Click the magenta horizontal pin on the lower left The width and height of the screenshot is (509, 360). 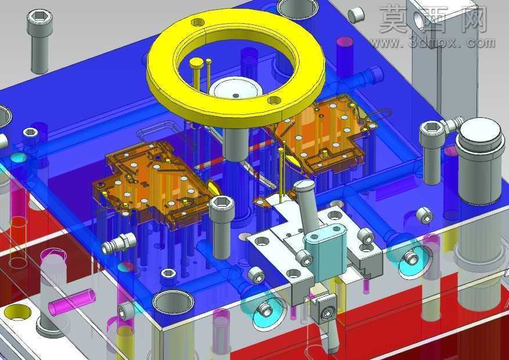pyautogui.click(x=72, y=301)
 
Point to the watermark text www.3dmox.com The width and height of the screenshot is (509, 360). pyautogui.click(x=432, y=43)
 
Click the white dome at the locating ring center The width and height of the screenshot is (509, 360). pyautogui.click(x=236, y=88)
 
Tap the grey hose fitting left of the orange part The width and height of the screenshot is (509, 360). pyautogui.click(x=120, y=243)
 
